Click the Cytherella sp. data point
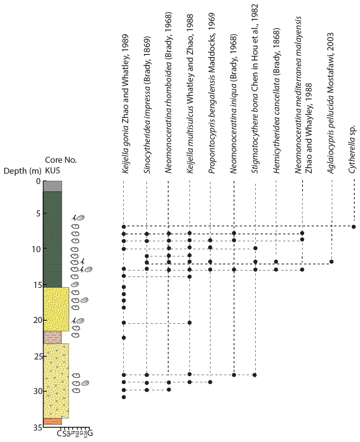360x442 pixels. (x=354, y=227)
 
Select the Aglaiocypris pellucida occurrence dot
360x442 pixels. (x=331, y=262)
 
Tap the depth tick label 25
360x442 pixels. (x=37, y=357)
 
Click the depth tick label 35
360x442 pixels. (x=37, y=428)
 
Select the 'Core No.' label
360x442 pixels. (x=61, y=160)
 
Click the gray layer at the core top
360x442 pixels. (x=52, y=186)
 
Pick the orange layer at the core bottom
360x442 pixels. (x=52, y=421)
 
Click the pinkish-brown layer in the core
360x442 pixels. (x=52, y=337)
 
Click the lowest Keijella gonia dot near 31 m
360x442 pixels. (x=124, y=397)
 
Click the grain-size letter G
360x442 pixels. (x=90, y=433)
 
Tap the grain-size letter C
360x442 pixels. (x=59, y=433)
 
